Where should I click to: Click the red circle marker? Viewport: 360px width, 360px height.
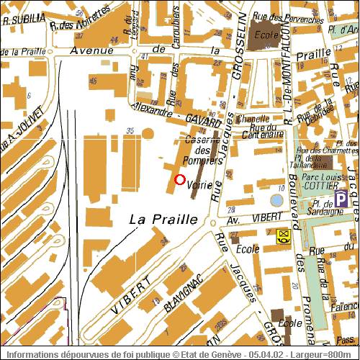[x=179, y=180]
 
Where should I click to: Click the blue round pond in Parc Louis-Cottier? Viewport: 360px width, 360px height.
[x=276, y=199]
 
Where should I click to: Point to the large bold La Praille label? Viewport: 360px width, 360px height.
[x=163, y=220]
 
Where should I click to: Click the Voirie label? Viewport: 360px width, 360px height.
[x=199, y=185]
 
